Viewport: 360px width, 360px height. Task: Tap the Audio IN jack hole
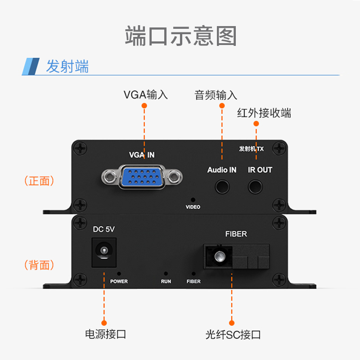[x=221, y=185]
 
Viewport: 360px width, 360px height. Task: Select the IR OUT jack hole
[x=256, y=185]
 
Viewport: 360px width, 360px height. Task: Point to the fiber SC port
[x=220, y=257]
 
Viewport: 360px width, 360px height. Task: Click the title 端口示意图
[x=180, y=36]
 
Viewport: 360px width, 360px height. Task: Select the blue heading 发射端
[x=67, y=67]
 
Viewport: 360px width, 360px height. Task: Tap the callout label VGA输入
[x=145, y=95]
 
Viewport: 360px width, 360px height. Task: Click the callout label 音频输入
[x=216, y=95]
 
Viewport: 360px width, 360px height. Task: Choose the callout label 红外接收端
[x=264, y=113]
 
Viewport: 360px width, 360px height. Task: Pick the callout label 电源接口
[x=105, y=334]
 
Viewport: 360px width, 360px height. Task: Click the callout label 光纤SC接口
[x=233, y=335]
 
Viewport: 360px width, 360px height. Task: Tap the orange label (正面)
[x=39, y=181]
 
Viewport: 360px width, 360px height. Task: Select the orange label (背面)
[x=39, y=265]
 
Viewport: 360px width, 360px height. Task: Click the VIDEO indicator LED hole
[x=193, y=199]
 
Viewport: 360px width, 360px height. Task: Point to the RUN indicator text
[x=166, y=281]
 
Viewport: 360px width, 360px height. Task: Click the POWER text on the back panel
[x=119, y=281]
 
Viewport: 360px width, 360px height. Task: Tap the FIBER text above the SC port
[x=236, y=234]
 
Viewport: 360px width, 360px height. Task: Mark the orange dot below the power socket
[x=104, y=322]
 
